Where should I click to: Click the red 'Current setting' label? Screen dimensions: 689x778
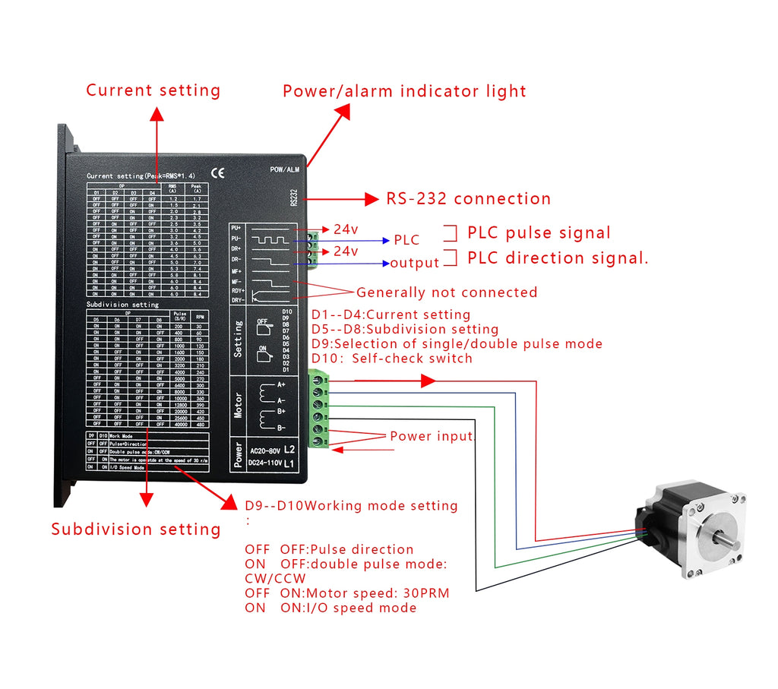point(153,90)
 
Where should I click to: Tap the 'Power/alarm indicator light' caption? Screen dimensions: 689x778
point(404,91)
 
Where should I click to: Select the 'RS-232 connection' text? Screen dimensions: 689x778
point(468,199)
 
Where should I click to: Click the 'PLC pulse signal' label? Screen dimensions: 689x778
point(538,233)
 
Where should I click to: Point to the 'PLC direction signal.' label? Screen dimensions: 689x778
point(558,258)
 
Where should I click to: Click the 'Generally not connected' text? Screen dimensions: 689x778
point(447,292)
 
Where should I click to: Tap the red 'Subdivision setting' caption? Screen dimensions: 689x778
point(136,529)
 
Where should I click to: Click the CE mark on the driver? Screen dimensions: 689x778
point(218,173)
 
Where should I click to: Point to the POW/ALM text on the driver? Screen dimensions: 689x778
point(285,170)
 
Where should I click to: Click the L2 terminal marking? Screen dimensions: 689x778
point(289,450)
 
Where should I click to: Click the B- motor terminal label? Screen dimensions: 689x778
point(281,428)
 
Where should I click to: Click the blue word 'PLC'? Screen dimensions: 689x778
point(406,241)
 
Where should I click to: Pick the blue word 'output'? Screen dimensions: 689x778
point(415,264)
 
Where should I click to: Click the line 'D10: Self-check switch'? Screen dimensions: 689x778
point(392,359)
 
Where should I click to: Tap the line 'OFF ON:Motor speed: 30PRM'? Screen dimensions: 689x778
point(347,593)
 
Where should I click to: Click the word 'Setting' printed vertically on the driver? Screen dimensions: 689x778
point(239,339)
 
